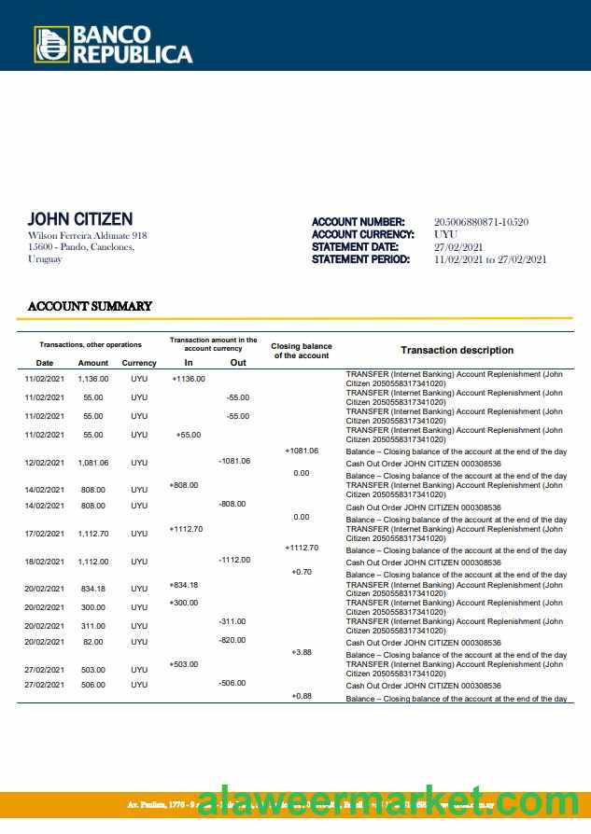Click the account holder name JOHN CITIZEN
[x=80, y=219]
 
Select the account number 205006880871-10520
[x=481, y=222]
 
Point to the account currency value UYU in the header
[x=445, y=234]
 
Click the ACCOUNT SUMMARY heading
[x=90, y=306]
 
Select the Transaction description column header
[x=457, y=350]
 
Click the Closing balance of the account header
[x=301, y=351]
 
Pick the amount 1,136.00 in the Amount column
[x=93, y=379]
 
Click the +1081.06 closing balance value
[x=302, y=451]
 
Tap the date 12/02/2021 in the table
[x=44, y=463]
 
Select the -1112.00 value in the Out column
[x=233, y=560]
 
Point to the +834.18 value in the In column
[x=184, y=585]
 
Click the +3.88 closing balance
[x=302, y=652]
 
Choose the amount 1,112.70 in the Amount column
[x=93, y=534]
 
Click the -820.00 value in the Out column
[x=233, y=640]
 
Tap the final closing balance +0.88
[x=302, y=696]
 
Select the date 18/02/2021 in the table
[x=44, y=562]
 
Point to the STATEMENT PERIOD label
[x=360, y=259]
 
